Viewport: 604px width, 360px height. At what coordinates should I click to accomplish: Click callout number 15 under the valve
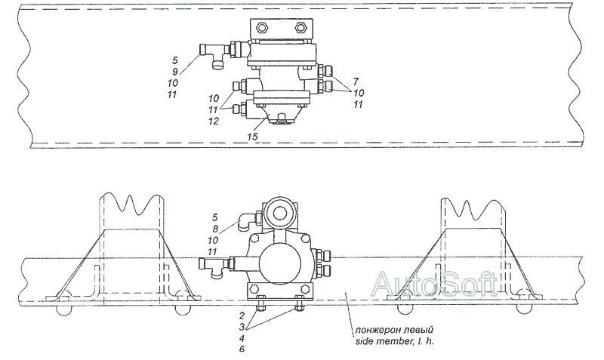coord(253,137)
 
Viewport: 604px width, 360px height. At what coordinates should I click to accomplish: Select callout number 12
coord(213,122)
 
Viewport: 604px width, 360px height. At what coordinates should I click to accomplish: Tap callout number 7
coord(356,82)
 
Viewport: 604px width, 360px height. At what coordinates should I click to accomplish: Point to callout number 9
coord(174,72)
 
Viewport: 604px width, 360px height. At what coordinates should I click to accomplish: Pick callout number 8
coord(215,229)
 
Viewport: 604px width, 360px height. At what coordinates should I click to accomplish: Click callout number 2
coord(242,316)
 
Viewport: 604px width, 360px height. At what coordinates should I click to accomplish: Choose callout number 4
coord(242,339)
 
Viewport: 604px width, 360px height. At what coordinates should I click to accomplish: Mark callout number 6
coord(242,349)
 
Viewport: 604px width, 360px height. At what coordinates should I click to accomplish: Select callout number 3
coord(242,328)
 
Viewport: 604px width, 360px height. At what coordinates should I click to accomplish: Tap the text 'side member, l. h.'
coord(394,341)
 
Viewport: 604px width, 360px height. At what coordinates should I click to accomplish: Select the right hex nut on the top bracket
coord(300,27)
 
